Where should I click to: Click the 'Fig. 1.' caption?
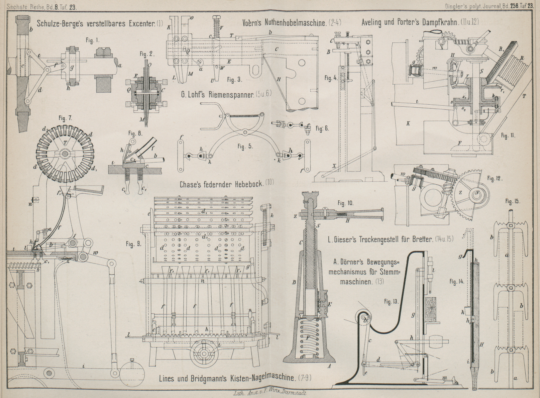tap(93, 40)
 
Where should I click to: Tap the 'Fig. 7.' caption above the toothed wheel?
tap(65, 118)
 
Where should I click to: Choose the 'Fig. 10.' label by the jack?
tap(345, 203)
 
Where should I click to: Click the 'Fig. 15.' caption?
tap(513, 201)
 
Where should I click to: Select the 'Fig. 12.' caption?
tap(495, 178)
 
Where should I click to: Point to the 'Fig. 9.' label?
tap(134, 244)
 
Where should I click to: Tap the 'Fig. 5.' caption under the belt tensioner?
tap(245, 146)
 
